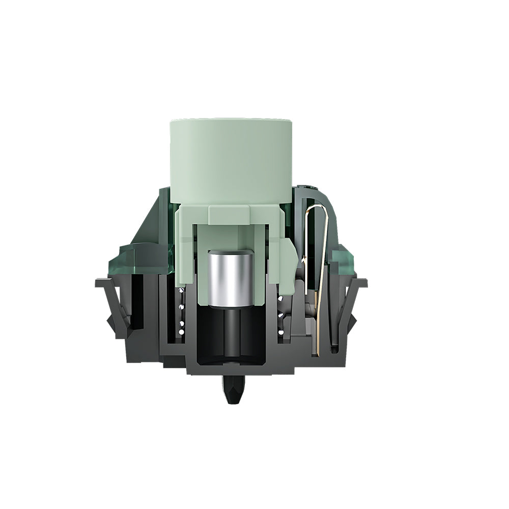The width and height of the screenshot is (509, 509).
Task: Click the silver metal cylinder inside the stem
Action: click(230, 277)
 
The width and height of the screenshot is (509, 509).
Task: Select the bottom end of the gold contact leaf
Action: click(317, 351)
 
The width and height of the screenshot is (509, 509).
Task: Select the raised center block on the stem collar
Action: click(230, 214)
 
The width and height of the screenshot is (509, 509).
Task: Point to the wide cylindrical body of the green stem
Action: click(230, 163)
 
